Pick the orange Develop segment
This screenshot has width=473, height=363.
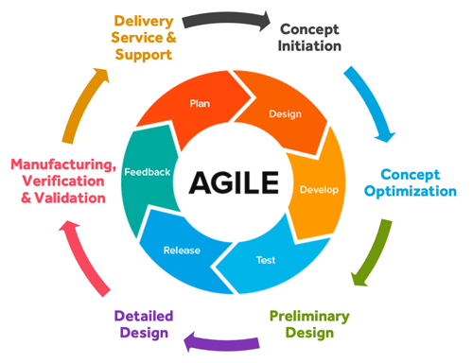click(x=317, y=188)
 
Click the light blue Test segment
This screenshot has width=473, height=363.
click(x=268, y=257)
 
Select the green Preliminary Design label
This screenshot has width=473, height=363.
click(x=308, y=323)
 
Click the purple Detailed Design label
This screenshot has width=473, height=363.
click(x=142, y=323)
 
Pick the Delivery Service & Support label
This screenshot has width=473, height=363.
click(x=144, y=37)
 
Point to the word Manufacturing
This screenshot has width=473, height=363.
click(x=64, y=164)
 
